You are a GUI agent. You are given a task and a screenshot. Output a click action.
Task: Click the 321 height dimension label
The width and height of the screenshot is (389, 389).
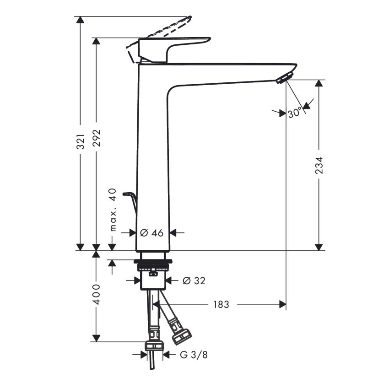click(81, 142)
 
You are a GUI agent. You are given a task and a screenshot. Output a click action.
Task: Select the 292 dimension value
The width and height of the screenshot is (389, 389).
click(96, 138)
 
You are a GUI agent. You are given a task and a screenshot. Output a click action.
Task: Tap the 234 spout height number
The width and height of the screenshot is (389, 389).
click(319, 165)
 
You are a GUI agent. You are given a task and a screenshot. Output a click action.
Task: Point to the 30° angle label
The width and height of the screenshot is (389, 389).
click(295, 113)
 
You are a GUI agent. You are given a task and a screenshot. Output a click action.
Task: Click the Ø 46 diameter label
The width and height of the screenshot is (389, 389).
click(152, 232)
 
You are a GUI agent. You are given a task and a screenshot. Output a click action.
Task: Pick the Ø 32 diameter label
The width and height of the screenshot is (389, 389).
click(194, 281)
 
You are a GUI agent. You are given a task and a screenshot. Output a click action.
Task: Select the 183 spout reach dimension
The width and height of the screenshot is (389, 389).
click(222, 304)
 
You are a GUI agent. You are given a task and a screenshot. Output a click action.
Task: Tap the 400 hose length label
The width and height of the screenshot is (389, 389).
click(96, 294)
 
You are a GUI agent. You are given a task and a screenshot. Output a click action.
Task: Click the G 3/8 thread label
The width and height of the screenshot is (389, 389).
click(194, 355)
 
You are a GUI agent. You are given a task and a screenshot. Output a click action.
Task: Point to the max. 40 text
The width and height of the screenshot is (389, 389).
click(113, 210)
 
